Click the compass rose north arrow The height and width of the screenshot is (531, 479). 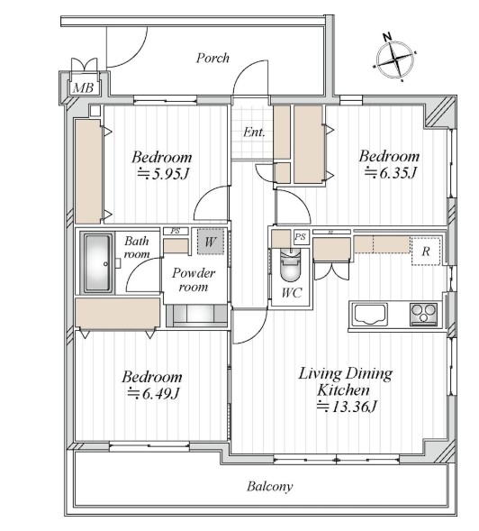(395, 59)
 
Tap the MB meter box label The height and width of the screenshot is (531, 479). (83, 88)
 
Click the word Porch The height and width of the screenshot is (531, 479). (212, 58)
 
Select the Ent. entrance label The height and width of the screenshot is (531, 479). (254, 132)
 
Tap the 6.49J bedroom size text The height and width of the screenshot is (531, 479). (153, 393)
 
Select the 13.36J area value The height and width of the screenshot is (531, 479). (347, 407)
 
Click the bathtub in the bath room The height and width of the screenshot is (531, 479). (98, 262)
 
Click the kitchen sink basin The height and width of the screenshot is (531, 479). (370, 315)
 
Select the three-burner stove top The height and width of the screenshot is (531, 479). (423, 314)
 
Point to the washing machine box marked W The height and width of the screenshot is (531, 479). (211, 242)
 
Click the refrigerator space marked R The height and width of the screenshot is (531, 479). (426, 252)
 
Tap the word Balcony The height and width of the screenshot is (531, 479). (269, 486)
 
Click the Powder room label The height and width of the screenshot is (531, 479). (194, 279)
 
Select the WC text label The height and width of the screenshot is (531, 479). (291, 293)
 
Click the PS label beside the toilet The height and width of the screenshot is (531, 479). (300, 236)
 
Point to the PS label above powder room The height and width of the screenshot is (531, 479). (176, 232)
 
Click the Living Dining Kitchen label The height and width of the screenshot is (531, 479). (345, 381)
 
